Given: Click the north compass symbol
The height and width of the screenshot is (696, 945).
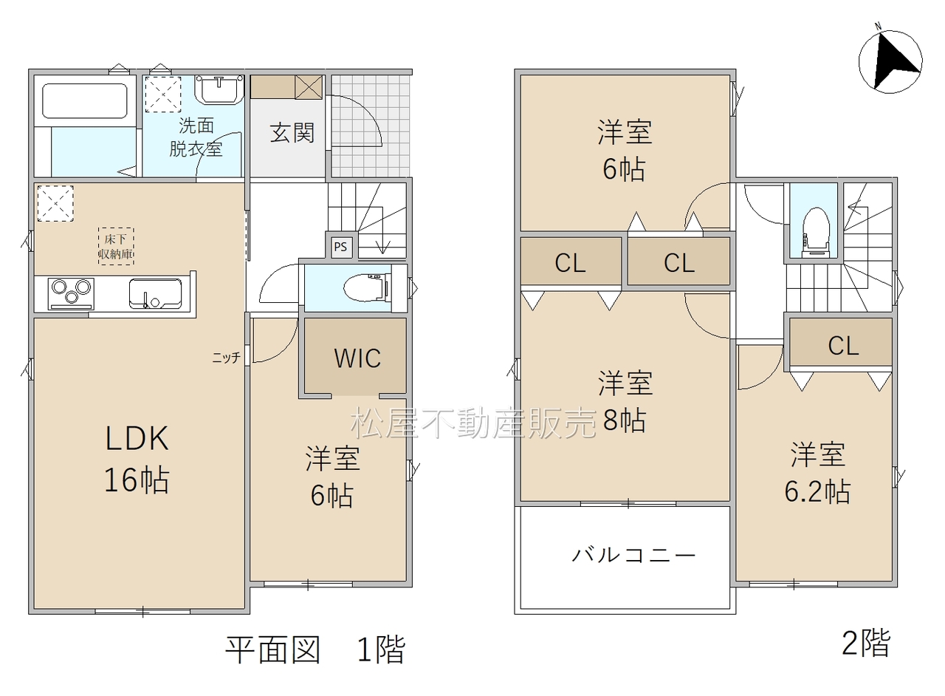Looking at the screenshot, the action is click(x=890, y=61).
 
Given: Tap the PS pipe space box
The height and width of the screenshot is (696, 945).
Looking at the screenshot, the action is click(x=341, y=247).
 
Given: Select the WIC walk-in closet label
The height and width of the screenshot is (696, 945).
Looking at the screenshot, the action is click(x=357, y=358).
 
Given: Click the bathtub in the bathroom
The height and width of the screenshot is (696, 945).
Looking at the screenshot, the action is click(x=85, y=101).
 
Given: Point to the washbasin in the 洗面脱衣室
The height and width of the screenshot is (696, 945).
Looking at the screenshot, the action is click(x=219, y=89).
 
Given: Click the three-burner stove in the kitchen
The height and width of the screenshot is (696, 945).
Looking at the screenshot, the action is click(x=71, y=293).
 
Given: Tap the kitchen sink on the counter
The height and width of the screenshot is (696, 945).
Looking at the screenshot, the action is click(x=155, y=293).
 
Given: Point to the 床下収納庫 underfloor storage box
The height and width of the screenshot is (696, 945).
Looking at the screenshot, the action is click(x=116, y=247).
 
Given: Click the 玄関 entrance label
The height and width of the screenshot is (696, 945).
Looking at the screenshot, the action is click(x=292, y=132).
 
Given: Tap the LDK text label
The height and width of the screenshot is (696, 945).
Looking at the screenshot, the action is click(x=137, y=438).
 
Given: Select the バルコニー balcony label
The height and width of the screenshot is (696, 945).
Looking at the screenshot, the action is click(x=633, y=555).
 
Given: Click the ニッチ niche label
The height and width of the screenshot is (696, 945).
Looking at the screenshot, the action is click(x=226, y=358).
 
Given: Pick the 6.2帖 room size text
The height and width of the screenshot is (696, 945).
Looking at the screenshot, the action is click(x=817, y=491).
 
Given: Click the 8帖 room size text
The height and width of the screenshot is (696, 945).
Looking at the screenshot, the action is click(x=624, y=420).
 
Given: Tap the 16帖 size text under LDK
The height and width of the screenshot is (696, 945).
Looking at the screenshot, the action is click(x=137, y=480).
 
